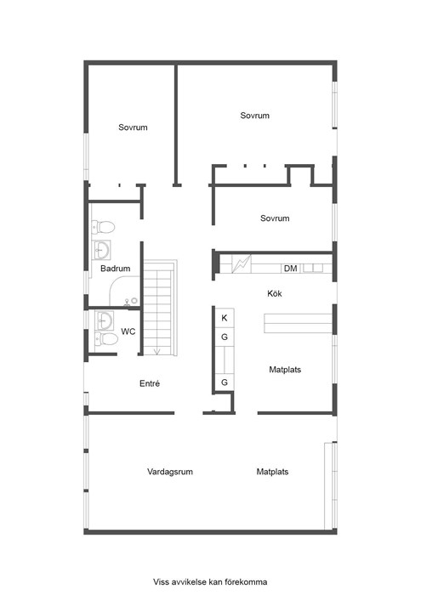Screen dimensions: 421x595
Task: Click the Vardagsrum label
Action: (x=170, y=472)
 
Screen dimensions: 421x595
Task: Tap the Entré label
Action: (x=150, y=383)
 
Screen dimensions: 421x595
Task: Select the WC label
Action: (x=128, y=331)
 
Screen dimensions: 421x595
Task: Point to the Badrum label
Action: (x=115, y=269)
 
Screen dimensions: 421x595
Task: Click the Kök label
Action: (x=275, y=293)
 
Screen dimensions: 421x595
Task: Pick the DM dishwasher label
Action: (x=290, y=269)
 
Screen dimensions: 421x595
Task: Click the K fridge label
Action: (x=225, y=318)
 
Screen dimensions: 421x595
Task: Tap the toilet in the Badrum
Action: (x=103, y=227)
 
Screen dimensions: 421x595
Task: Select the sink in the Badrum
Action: (x=101, y=250)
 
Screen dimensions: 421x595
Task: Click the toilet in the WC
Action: (x=106, y=339)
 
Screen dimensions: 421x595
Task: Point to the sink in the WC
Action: (x=104, y=321)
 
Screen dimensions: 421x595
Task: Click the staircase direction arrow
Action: (x=157, y=351)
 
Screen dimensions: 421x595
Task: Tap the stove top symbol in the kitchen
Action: (x=241, y=263)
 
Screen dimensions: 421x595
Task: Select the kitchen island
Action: (x=299, y=323)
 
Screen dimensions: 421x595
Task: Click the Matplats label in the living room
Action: (x=272, y=472)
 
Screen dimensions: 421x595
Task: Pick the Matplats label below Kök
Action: (x=285, y=369)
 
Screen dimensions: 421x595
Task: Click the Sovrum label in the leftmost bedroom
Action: (x=133, y=127)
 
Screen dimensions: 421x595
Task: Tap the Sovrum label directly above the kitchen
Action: (x=275, y=218)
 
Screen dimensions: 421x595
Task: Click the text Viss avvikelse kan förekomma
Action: (x=210, y=581)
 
